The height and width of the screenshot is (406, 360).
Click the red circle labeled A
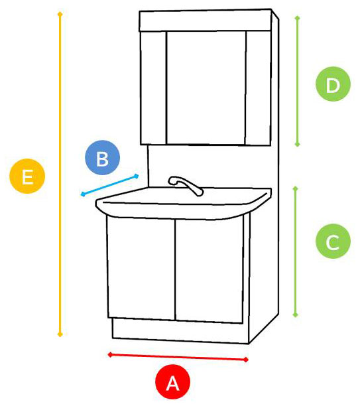172,382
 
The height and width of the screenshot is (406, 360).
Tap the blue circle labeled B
103,158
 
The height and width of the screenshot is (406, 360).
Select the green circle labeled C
333,241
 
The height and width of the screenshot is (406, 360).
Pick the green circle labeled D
333,84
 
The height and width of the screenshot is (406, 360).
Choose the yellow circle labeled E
27,176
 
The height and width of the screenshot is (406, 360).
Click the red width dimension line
178,357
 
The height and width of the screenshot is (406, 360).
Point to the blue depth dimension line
109,185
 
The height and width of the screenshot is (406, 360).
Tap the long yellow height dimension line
60,174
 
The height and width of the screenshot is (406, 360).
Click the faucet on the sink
186,185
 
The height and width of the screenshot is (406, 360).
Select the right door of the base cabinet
209,271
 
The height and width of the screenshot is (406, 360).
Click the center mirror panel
206,88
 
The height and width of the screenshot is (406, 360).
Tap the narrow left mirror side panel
153,88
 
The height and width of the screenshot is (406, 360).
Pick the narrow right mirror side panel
259,88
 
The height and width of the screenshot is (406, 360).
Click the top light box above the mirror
206,21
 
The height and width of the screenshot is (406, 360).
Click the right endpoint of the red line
247,360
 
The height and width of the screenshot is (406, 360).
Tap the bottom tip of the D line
298,146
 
